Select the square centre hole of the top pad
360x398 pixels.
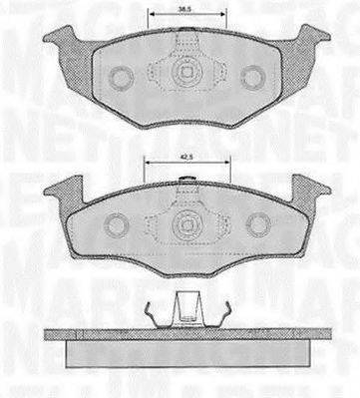click(x=185, y=72)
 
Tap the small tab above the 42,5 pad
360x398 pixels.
click(x=185, y=180)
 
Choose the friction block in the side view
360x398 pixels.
click(x=184, y=353)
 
